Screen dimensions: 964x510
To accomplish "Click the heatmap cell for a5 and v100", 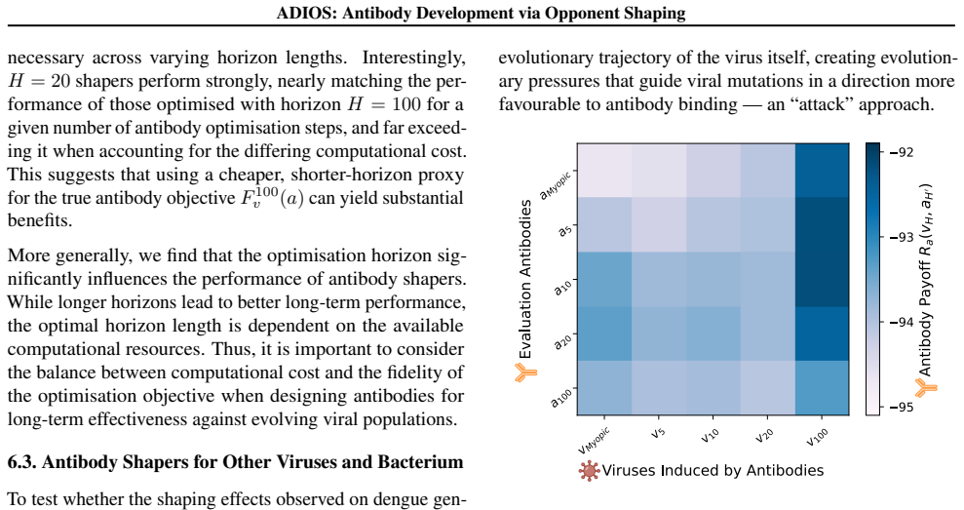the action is (x=822, y=224).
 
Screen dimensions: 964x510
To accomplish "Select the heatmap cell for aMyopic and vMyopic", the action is (x=604, y=171).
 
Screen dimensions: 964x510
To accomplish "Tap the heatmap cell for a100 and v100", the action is (x=822, y=387).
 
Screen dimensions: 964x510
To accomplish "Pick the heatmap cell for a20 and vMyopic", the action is (x=604, y=333).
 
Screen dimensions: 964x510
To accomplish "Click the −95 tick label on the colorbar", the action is (x=900, y=408).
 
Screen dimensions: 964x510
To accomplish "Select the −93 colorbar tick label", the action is (x=900, y=237).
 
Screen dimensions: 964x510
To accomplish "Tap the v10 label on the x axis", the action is (x=710, y=435).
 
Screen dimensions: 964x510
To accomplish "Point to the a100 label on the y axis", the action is (x=561, y=397).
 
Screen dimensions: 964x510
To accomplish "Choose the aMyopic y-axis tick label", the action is (x=556, y=184).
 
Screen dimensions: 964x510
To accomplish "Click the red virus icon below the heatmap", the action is (x=589, y=471).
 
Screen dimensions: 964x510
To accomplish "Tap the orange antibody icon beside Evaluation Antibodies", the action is (x=525, y=373).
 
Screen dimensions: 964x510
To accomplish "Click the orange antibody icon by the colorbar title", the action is (x=926, y=387).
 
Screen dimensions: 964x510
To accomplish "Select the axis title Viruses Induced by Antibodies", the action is (x=713, y=471).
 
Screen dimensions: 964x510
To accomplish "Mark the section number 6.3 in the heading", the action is (x=21, y=462).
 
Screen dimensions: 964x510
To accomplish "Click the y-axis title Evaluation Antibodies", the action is (x=525, y=279).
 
